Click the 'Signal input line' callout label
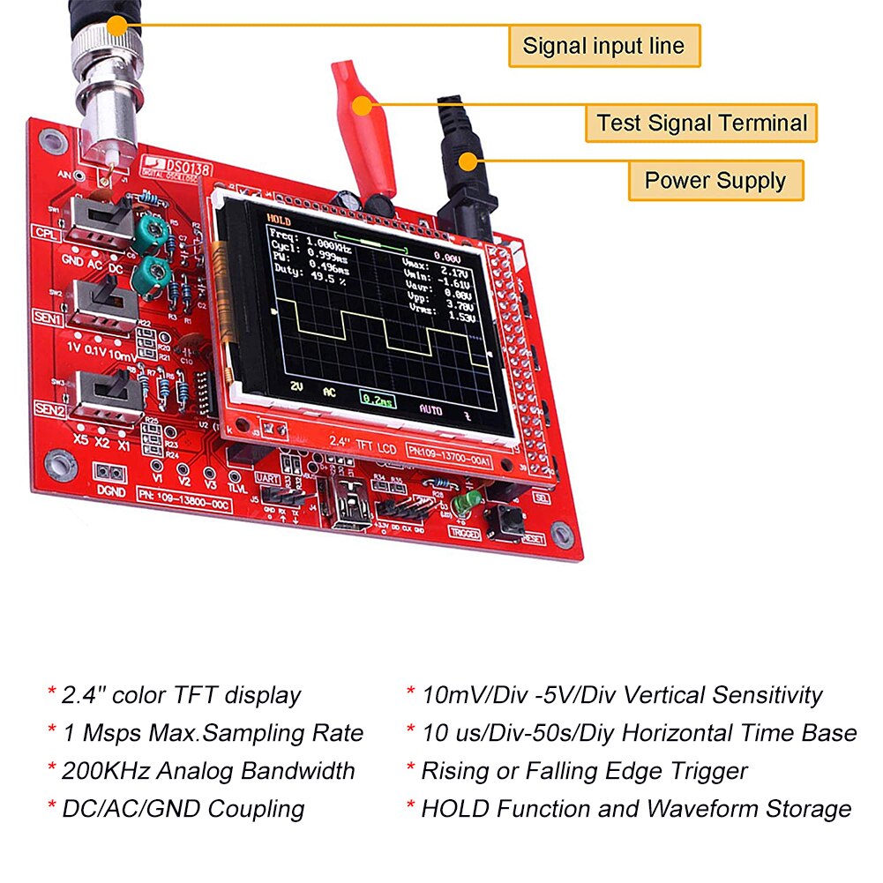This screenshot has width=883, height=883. coord(603,46)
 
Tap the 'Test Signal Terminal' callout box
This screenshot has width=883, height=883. coord(701,123)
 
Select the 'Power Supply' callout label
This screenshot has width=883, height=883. coord(715,181)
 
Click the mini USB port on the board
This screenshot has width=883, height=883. coord(354,512)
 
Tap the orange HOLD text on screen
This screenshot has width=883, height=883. coord(279,221)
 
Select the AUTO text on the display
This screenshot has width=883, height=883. coord(431,409)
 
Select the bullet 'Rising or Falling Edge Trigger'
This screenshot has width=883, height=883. coord(583,771)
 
